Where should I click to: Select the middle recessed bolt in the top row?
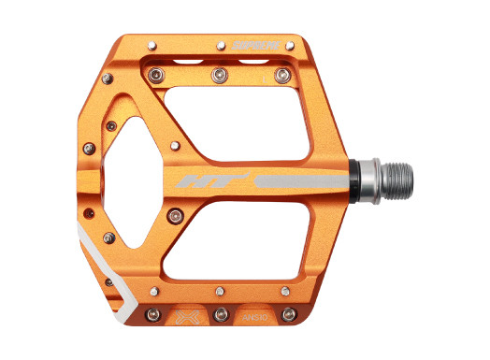point(221,74)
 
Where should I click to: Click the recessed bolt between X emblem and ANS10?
point(221,314)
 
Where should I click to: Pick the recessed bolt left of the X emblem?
point(155,314)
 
